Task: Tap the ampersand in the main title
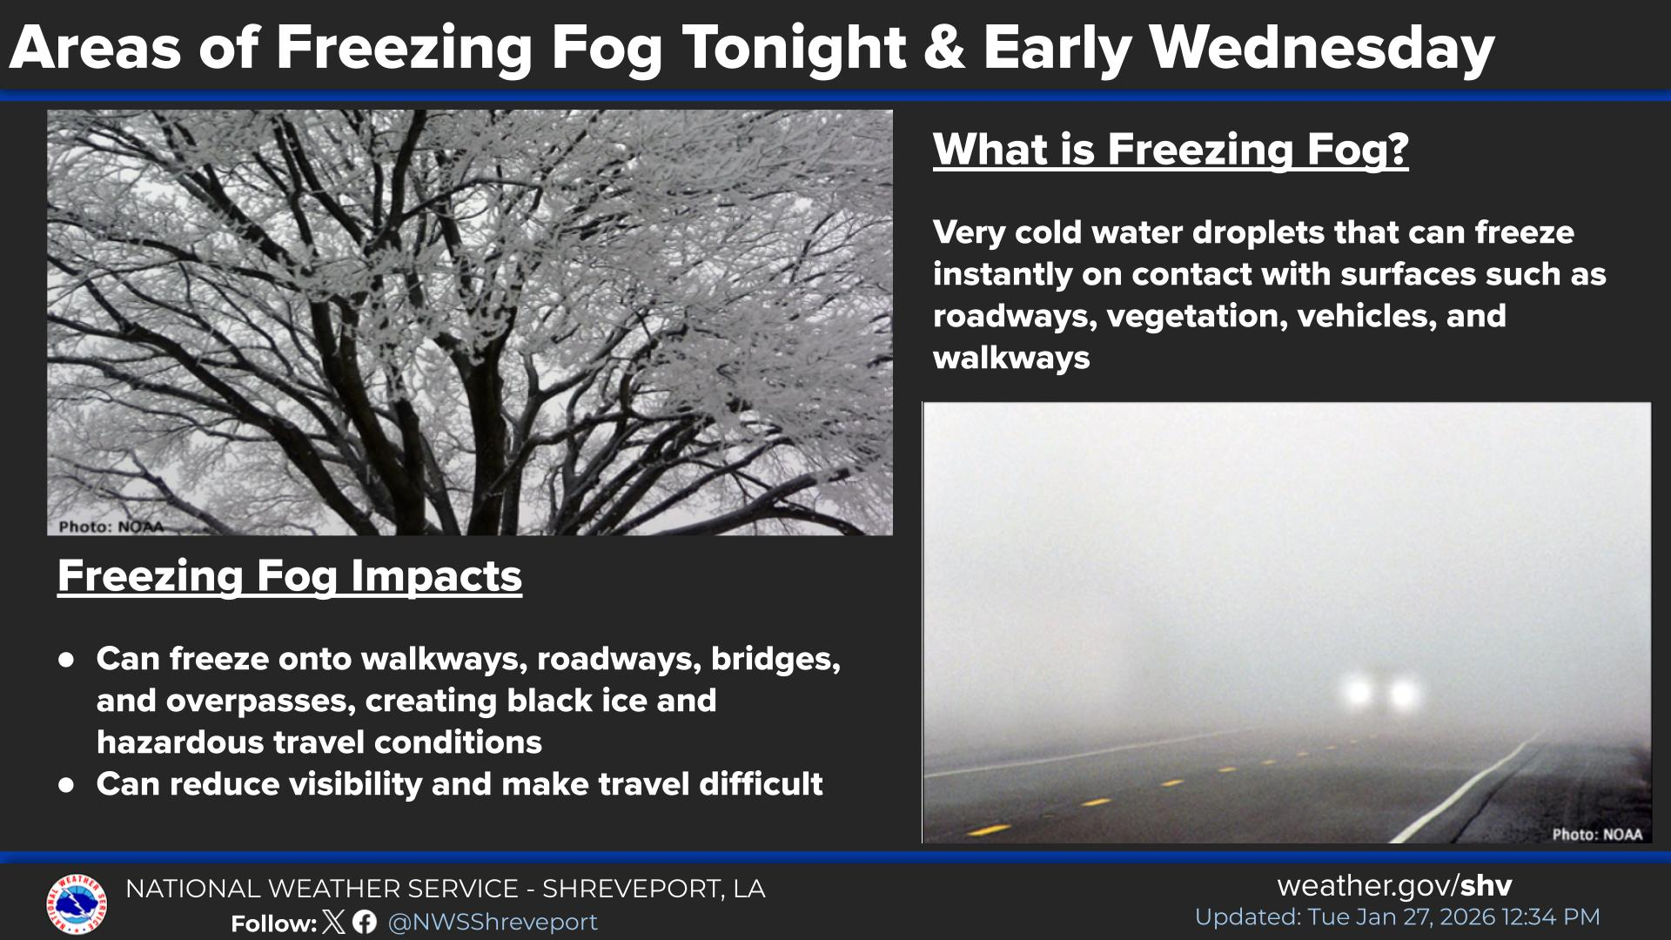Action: [x=943, y=48]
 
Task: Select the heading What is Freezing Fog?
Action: [x=1171, y=151]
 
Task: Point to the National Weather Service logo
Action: [x=77, y=904]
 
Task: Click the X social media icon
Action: [x=333, y=923]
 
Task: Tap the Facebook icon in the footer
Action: [x=365, y=923]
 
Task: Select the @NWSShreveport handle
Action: [x=493, y=923]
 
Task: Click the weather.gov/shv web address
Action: [x=1394, y=886]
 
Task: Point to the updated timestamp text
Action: [x=1397, y=917]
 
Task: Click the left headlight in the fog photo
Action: [x=1357, y=693]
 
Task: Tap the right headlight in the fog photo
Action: [x=1403, y=694]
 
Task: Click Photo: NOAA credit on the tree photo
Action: [x=111, y=527]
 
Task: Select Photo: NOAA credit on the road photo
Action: [x=1598, y=834]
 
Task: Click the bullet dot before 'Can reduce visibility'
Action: [x=66, y=784]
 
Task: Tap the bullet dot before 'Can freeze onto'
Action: [x=66, y=659]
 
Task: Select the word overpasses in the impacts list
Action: [x=226, y=702]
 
